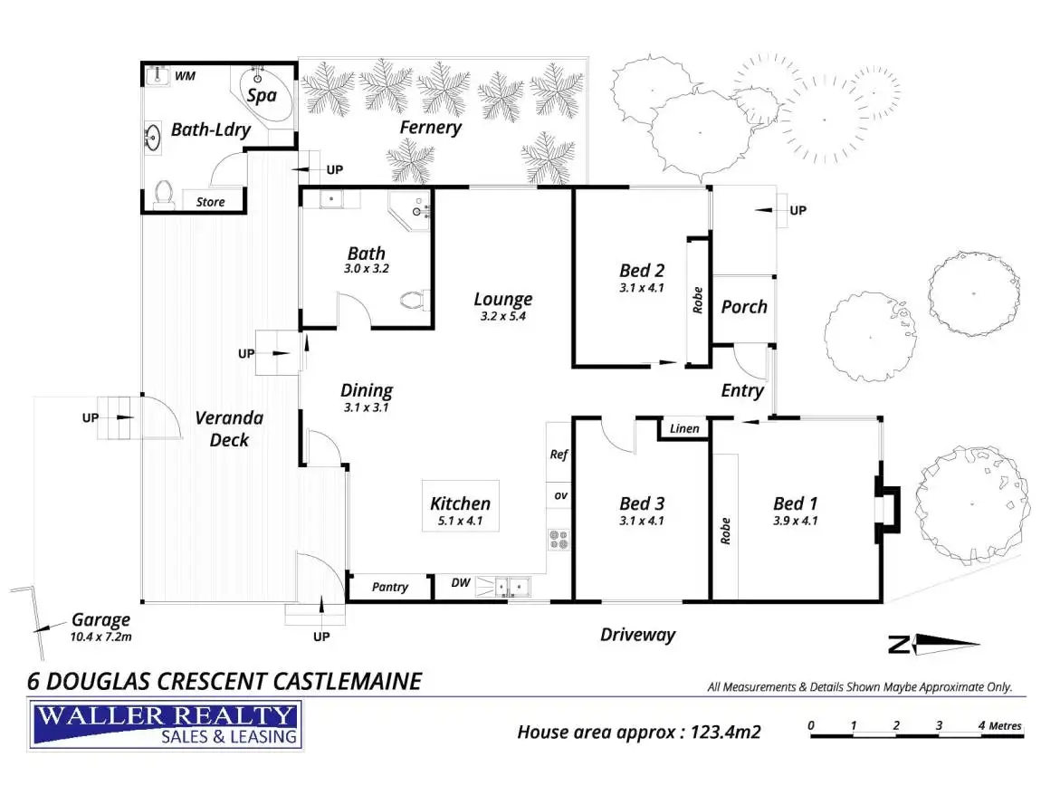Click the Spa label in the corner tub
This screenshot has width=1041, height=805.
point(263,94)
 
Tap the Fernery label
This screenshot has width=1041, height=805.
point(431,128)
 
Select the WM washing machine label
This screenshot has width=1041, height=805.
point(186,75)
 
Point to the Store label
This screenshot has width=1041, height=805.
point(210,202)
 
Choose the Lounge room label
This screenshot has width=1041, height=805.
point(503,299)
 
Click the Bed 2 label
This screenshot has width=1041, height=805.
point(642,270)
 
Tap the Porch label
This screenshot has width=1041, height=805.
point(744,307)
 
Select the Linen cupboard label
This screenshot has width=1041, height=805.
point(684,428)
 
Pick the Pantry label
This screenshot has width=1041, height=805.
point(390,587)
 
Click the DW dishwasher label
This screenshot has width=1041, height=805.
point(461,583)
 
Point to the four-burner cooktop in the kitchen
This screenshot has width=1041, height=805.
point(558,541)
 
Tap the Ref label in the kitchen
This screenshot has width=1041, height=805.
point(559,455)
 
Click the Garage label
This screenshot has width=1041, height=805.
point(101,620)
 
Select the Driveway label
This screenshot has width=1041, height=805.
point(637,635)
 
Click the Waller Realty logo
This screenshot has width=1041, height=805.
point(167,724)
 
